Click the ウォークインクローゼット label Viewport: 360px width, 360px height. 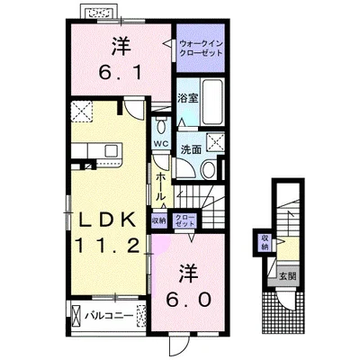(201, 49)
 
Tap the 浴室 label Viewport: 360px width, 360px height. (188, 98)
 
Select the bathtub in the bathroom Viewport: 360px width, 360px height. (212, 102)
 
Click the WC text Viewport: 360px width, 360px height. (162, 143)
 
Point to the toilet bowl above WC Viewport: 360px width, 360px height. (161, 126)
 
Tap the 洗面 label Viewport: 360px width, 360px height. (191, 149)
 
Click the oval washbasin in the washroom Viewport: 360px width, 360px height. (207, 170)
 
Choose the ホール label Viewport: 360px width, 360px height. (160, 187)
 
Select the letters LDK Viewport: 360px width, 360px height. (106, 221)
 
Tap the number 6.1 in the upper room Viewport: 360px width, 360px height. (121, 72)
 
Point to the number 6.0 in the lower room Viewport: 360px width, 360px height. (187, 300)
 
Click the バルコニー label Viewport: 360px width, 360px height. (108, 316)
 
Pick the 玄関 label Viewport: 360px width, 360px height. (288, 275)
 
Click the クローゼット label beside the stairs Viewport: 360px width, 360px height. (184, 220)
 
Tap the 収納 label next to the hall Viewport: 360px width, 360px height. (159, 220)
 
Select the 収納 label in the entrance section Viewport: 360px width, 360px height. (265, 242)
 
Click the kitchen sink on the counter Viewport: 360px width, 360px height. (112, 150)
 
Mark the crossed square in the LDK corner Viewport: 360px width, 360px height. (82, 112)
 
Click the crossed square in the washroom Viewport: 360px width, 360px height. (215, 141)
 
